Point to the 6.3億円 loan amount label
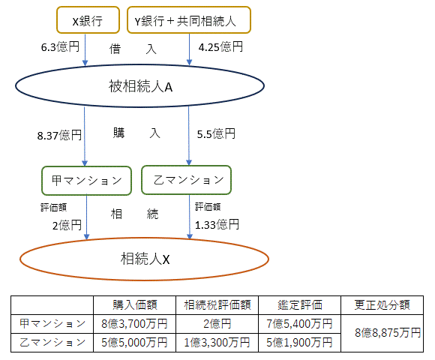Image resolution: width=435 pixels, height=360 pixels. pos(60,46)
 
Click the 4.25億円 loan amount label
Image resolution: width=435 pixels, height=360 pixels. pos(220,46)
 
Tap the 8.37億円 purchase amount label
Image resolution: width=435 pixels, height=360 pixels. pos(59,135)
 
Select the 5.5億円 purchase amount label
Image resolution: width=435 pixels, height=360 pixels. pos(216,134)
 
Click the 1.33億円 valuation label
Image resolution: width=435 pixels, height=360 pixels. pos(217,225)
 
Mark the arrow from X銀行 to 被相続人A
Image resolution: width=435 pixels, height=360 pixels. pos(85,49)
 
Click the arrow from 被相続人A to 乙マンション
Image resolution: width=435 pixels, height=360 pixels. pos(189,136)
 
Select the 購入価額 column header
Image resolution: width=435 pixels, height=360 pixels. pos(135,305)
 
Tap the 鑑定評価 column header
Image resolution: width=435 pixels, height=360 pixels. pos(300,305)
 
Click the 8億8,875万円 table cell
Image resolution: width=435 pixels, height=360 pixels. pos(388,333)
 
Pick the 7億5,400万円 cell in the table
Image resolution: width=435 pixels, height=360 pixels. pos(299,324)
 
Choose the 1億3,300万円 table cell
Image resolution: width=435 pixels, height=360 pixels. pos(217,343)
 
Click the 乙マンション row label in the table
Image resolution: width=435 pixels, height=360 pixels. pos(52,343)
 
